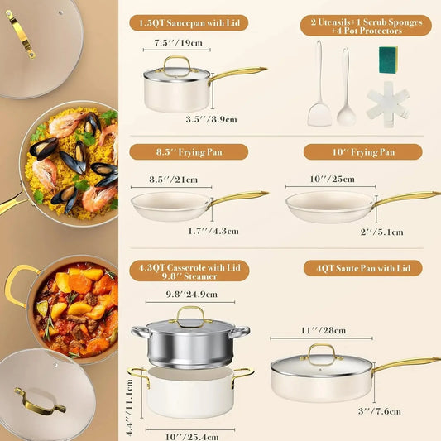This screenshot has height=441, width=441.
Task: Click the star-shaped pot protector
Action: pyautogui.click(x=386, y=104)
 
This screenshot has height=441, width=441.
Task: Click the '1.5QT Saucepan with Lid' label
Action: pyautogui.click(x=189, y=22)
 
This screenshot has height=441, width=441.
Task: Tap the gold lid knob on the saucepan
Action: pyautogui.click(x=176, y=63)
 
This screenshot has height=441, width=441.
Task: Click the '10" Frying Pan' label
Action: pyautogui.click(x=362, y=151)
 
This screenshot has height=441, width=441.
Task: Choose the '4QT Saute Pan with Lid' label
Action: pyautogui.click(x=362, y=268)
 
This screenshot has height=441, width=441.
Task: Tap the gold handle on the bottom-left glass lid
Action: pyautogui.click(x=40, y=404)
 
